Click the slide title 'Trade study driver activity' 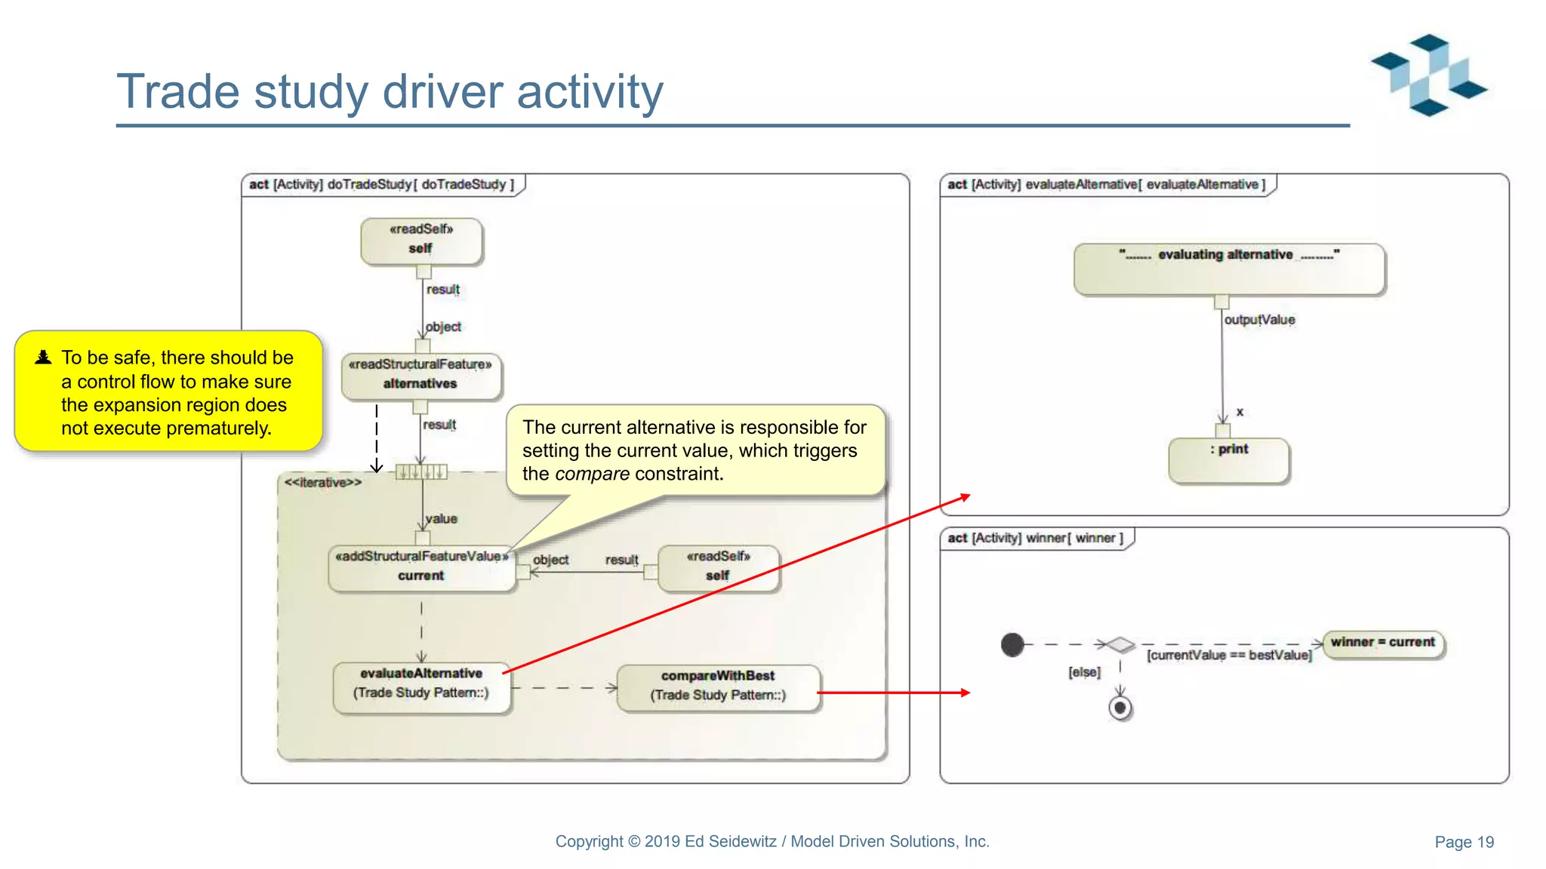click(x=390, y=92)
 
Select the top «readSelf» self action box click(x=421, y=241)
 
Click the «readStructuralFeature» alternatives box click(x=420, y=376)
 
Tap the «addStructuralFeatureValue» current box click(x=421, y=567)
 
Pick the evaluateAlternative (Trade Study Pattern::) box click(x=421, y=684)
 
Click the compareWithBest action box click(x=718, y=686)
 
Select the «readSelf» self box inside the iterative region click(x=718, y=567)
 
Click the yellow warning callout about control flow click(x=168, y=392)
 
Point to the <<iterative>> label click(x=322, y=483)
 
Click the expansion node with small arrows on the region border click(x=421, y=472)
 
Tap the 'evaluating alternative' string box click(x=1228, y=268)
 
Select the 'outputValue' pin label click(x=1259, y=320)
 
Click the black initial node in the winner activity click(x=1012, y=644)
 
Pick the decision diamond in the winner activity click(x=1120, y=645)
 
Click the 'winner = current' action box click(x=1383, y=643)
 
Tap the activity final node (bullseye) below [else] click(x=1120, y=708)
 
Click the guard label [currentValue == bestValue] click(x=1229, y=656)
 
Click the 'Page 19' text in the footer click(x=1464, y=843)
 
